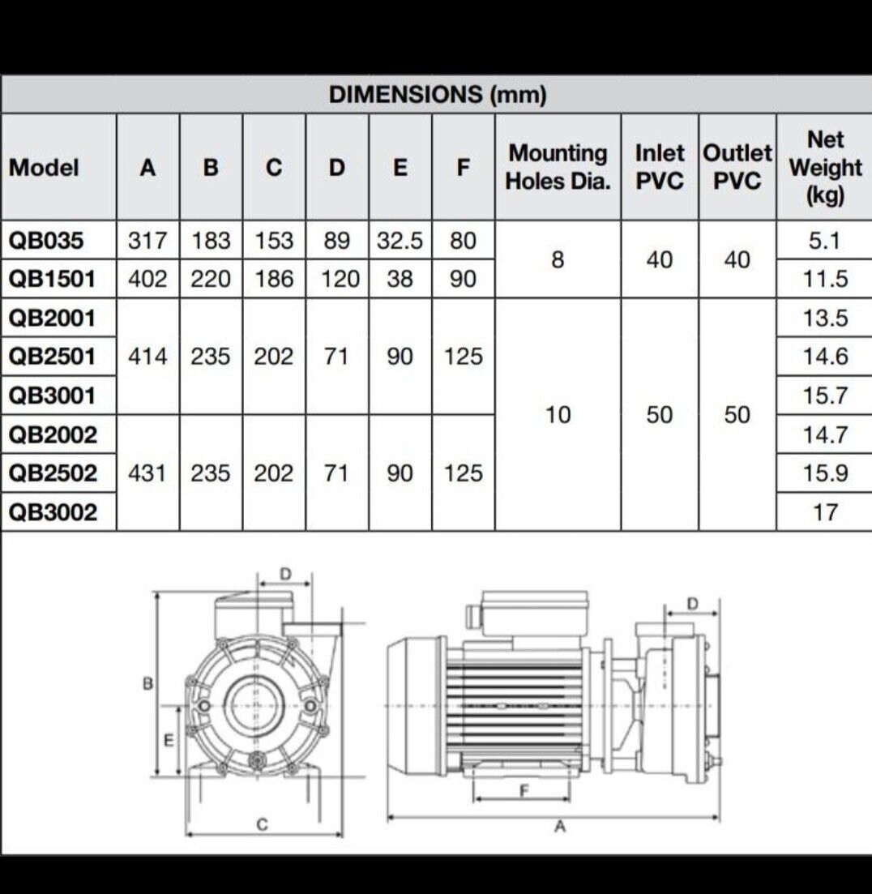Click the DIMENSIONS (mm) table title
[x=438, y=95]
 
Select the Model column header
[x=44, y=168]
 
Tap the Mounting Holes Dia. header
[x=558, y=167]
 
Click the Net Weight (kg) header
[x=825, y=167]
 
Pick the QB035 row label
[x=46, y=241]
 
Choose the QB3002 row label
[x=53, y=512]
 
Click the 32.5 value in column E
[x=400, y=241]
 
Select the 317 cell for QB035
[x=147, y=241]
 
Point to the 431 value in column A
[x=147, y=473]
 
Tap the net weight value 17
[x=825, y=512]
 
